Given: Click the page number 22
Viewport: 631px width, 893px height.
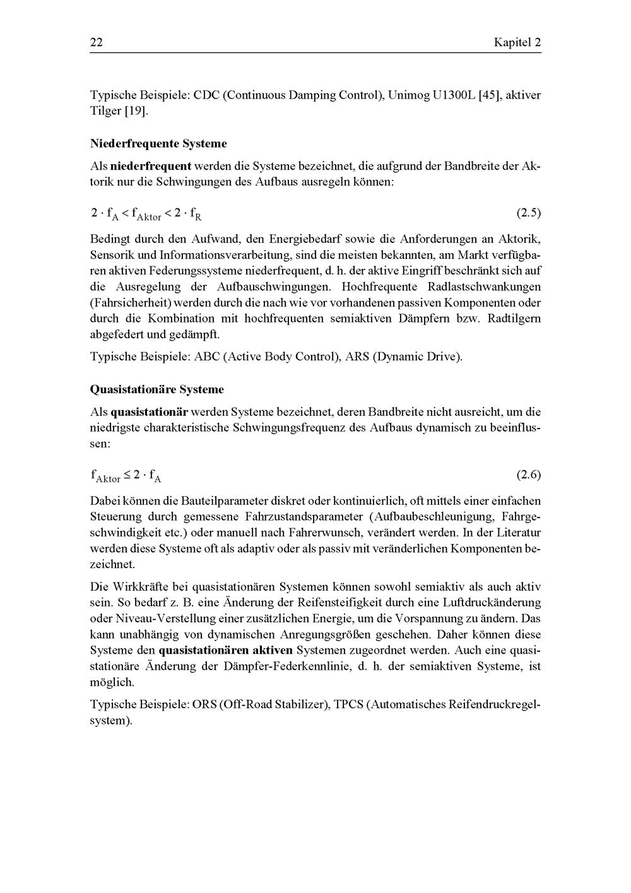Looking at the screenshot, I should (x=97, y=43).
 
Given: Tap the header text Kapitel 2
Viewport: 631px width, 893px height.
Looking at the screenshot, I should (x=517, y=43).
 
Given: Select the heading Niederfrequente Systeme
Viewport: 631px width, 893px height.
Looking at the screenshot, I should (x=158, y=143).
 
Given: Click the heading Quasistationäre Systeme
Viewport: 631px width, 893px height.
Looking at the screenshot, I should (x=156, y=389).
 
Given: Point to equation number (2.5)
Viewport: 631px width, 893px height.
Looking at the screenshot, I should (x=529, y=213).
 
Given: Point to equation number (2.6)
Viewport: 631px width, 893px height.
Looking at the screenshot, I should (x=529, y=475).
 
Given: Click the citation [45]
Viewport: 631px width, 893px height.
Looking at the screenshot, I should (x=490, y=95).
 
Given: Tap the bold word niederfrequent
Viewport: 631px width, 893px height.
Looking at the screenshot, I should (x=151, y=167).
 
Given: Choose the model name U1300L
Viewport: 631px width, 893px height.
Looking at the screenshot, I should (x=445, y=95).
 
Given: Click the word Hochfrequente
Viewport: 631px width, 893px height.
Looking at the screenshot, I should (x=378, y=287).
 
